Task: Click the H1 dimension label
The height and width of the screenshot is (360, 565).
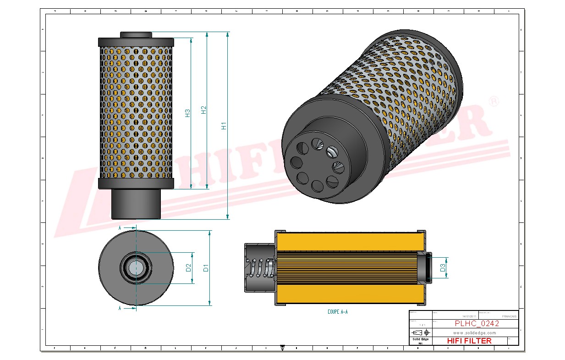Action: tap(224, 125)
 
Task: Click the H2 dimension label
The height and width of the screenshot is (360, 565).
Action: tap(204, 110)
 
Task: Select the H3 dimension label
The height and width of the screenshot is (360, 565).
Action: tap(187, 113)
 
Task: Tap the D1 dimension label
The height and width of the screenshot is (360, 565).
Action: tap(206, 267)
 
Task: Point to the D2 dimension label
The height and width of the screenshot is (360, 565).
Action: tap(188, 267)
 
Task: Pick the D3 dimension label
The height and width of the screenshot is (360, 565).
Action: tap(443, 268)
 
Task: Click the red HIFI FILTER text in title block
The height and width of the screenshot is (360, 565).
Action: tap(469, 341)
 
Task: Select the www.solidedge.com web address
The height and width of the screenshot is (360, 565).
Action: tap(475, 332)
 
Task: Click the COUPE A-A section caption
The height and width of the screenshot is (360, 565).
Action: tap(338, 312)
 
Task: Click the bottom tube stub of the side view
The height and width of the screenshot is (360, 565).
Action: tap(136, 204)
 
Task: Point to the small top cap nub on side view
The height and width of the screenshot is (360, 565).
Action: tap(136, 35)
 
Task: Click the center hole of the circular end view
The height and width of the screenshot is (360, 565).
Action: tap(136, 267)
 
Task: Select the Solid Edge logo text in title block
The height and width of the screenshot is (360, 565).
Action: tap(420, 339)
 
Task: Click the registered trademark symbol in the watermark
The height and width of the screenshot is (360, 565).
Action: tap(494, 102)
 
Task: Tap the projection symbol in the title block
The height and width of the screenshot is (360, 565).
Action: tap(420, 332)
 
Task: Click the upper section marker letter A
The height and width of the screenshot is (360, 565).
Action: tap(120, 227)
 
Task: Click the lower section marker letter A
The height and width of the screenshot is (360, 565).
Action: tap(120, 308)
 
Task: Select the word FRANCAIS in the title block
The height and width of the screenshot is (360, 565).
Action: tap(509, 316)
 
